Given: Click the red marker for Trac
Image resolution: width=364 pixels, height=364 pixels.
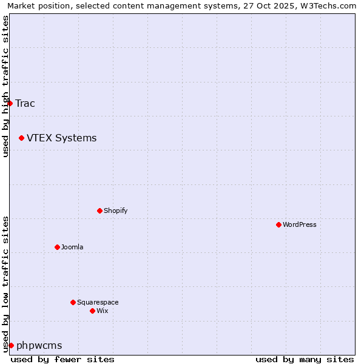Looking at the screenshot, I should (x=10, y=103).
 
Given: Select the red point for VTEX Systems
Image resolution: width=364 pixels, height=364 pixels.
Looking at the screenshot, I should (x=21, y=138).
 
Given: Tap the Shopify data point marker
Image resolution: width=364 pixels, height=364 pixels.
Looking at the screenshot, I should (x=99, y=211).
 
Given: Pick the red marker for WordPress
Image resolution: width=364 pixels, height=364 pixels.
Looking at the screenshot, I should (x=278, y=224).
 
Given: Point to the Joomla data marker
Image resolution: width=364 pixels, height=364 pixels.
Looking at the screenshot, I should (x=57, y=247).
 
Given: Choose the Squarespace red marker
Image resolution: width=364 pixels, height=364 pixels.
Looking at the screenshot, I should (x=73, y=302).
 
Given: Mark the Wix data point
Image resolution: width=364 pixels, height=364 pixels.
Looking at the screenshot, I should (x=92, y=311).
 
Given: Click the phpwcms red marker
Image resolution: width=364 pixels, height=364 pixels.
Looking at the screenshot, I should (x=11, y=345).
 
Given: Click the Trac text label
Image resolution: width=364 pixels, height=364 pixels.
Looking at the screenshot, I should (x=25, y=103).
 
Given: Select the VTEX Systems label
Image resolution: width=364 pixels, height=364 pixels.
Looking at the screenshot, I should (x=61, y=138).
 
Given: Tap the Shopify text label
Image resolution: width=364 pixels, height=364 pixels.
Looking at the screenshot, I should (x=115, y=211).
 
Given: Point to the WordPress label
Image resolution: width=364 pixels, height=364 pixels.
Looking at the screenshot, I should (x=299, y=224).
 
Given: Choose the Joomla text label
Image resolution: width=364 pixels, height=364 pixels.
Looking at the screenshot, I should (x=72, y=247).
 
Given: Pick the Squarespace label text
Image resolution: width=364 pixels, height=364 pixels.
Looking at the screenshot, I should (x=98, y=302).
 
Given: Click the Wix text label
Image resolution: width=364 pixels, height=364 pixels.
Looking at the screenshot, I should (x=102, y=311).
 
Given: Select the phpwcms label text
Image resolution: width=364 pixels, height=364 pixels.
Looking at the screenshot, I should (x=39, y=345).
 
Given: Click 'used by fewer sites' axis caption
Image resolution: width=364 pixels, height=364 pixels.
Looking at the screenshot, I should (x=62, y=359).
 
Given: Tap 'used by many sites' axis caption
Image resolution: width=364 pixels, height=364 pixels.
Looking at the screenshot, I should (x=305, y=359).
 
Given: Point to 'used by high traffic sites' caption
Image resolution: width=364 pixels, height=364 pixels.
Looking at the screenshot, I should (x=5, y=86).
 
